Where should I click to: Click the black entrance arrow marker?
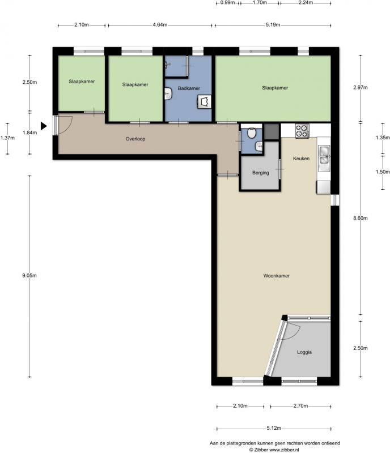click(x=44, y=126)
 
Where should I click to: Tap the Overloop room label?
click(x=135, y=139)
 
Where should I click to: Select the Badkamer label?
click(x=189, y=88)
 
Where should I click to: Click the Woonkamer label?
click(x=276, y=276)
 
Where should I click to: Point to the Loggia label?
click(x=304, y=352)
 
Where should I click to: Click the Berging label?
click(x=261, y=173)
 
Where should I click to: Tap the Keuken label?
click(x=301, y=159)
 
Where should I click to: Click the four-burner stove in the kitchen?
click(x=302, y=131)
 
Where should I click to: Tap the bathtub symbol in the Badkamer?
click(x=204, y=102)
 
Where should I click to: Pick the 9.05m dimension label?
click(x=29, y=276)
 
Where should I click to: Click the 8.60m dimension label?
click(x=360, y=218)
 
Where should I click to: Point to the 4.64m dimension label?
click(x=160, y=25)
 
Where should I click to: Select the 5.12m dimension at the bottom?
click(x=274, y=428)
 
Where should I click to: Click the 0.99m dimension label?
click(x=227, y=3)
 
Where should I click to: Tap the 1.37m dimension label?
click(x=7, y=138)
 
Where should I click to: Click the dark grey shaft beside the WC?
click(x=272, y=132)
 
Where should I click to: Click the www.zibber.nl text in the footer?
click(x=284, y=450)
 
